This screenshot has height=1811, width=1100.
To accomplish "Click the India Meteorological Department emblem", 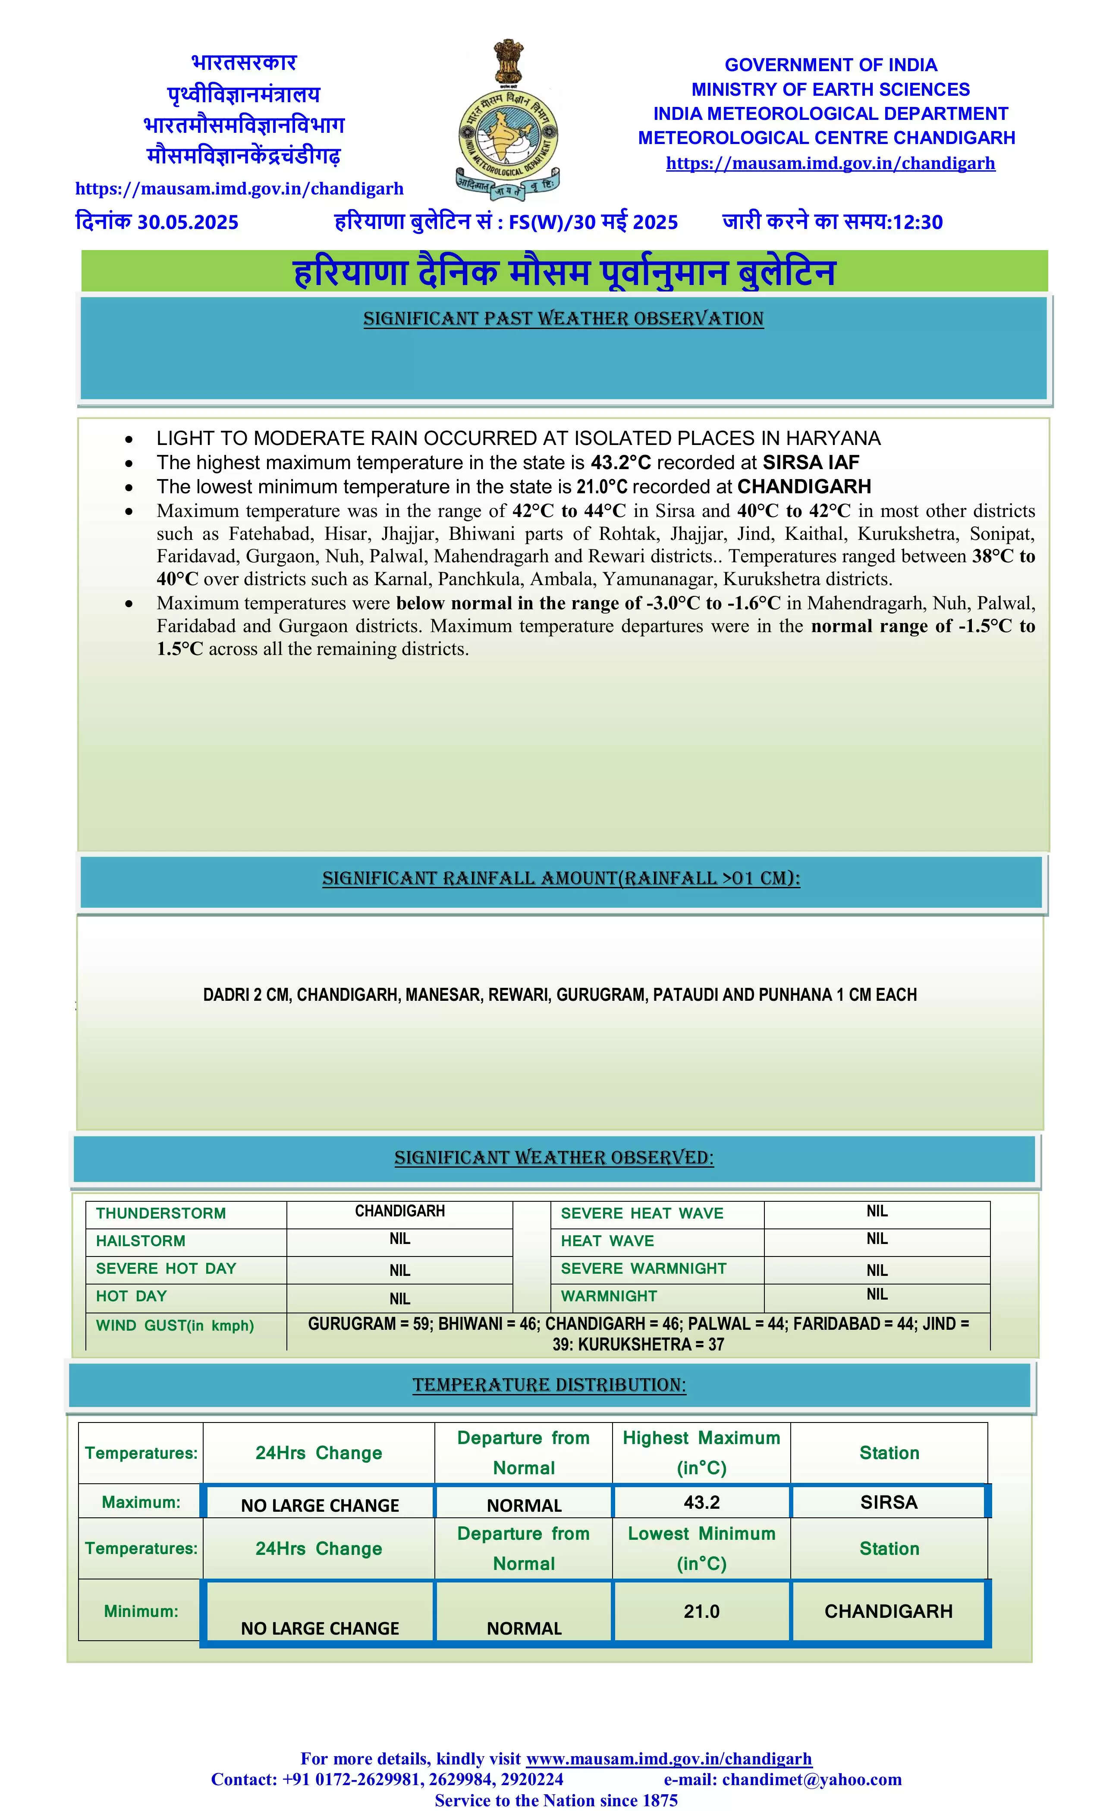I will click(x=507, y=121).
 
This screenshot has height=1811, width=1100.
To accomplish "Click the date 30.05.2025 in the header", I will click(x=188, y=222).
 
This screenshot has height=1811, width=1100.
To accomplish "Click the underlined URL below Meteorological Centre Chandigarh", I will click(x=830, y=163).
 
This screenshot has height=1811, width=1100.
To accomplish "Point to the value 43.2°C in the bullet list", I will click(x=620, y=462).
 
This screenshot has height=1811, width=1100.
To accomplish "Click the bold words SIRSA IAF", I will click(x=810, y=462).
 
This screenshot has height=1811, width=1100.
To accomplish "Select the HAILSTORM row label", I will click(x=141, y=1241).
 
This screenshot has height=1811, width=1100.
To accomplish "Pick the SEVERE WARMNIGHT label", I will click(x=643, y=1269).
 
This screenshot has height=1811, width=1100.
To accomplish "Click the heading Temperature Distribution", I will click(x=549, y=1385).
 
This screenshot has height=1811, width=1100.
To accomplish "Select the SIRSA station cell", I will click(x=888, y=1501).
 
